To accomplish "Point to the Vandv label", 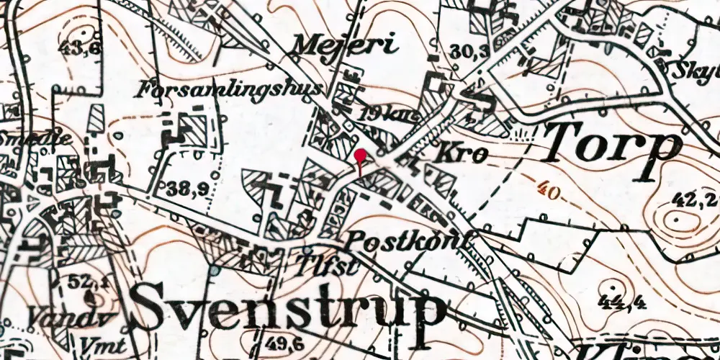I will (x=55, y=315).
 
